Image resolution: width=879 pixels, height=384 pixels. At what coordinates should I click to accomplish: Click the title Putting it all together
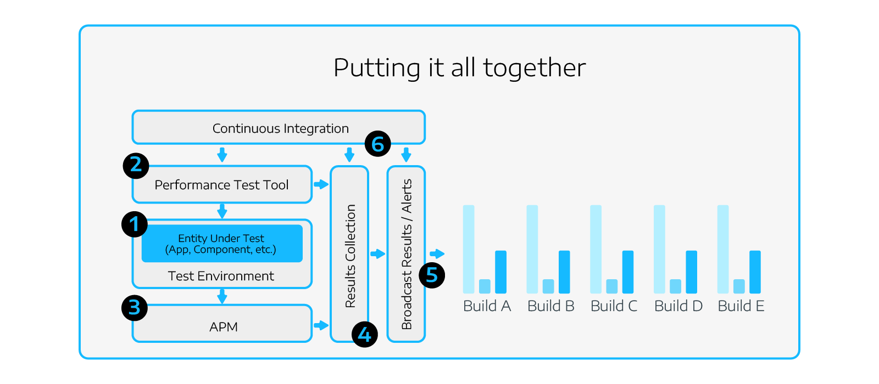[459, 68]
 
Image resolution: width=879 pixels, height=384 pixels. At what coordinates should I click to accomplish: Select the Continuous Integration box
[279, 127]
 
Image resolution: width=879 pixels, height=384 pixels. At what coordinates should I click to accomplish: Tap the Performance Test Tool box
[222, 184]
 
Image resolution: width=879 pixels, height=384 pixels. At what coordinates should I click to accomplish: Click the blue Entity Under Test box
[222, 244]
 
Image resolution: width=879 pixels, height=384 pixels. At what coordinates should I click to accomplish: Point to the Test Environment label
[221, 276]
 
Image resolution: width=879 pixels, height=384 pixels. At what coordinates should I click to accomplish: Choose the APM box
[222, 323]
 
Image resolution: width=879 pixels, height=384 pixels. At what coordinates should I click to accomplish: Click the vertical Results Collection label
[350, 256]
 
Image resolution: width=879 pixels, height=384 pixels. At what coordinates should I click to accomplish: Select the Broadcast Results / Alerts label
[407, 255]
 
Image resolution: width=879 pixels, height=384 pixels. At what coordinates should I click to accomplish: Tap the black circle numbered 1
[135, 224]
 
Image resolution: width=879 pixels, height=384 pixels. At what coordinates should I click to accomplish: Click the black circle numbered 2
[136, 165]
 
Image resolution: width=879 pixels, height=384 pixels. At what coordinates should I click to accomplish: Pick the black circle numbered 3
[135, 308]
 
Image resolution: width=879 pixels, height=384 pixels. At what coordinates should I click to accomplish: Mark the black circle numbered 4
[365, 334]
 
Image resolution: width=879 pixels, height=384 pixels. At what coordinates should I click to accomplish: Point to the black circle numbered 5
[432, 275]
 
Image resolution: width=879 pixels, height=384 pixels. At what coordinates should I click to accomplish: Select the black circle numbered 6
[377, 144]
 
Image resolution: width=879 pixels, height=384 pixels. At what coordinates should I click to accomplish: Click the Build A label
[487, 306]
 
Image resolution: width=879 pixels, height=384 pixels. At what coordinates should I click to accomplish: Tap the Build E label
[741, 306]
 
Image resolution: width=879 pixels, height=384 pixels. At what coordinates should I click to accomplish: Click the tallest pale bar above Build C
[596, 249]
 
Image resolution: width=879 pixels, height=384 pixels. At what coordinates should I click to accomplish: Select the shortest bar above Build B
[548, 286]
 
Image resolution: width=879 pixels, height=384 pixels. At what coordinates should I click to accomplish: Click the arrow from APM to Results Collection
[321, 325]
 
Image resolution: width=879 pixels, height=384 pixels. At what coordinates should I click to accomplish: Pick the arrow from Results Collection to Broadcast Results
[378, 254]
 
